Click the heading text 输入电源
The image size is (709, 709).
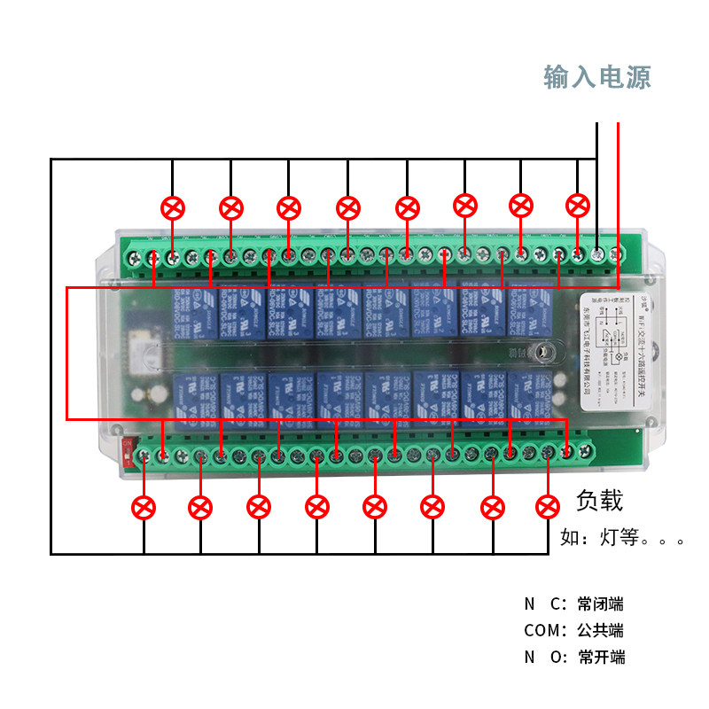coord(597,77)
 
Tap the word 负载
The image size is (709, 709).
coord(600,501)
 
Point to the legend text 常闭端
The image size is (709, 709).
coord(600,604)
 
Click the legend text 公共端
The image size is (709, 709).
coord(600,631)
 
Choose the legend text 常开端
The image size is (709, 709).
coord(600,658)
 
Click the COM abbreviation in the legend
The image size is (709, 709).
coord(541,631)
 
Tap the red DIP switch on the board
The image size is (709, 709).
coord(130,452)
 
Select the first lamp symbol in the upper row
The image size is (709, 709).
coord(173,208)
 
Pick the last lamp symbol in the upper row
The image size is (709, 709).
coord(578,206)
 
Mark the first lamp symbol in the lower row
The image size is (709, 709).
coord(144,508)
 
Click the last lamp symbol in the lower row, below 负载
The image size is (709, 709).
coord(548,507)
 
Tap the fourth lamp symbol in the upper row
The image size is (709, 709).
coord(348,208)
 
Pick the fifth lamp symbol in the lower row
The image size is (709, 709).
coord(375,507)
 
